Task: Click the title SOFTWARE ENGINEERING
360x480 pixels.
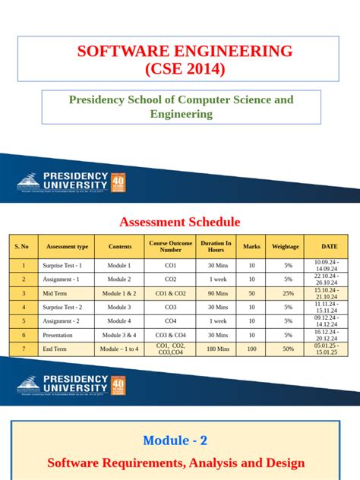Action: coord(185,52)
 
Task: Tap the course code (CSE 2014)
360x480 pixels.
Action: coord(185,70)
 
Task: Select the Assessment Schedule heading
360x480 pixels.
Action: coord(180,222)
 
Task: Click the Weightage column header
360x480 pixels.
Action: coord(286,246)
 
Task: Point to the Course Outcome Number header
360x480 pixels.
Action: coord(171,246)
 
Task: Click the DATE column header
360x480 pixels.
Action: coord(329,246)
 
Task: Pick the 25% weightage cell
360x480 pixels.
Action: coord(288,293)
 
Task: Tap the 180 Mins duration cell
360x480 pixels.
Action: coord(216,349)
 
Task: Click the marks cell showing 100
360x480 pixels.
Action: coord(251,349)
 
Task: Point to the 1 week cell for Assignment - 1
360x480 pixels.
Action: coord(216,279)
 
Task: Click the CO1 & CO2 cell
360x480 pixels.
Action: coord(171,293)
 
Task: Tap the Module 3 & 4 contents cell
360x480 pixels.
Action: coord(119,334)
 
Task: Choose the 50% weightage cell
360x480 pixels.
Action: coord(288,349)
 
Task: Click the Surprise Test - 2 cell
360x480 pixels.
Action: coord(64,307)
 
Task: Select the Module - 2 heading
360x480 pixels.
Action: coord(175,440)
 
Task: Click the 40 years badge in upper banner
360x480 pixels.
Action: coord(118,183)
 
